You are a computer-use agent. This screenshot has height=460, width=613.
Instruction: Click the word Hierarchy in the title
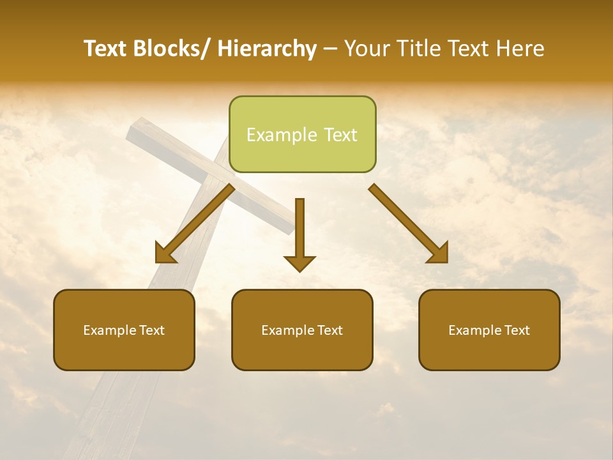click(x=267, y=49)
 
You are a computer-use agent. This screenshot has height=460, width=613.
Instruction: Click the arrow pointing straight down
click(x=299, y=230)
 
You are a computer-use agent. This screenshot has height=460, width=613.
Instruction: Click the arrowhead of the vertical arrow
click(x=299, y=263)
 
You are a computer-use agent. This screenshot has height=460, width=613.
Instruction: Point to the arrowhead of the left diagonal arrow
click(x=165, y=254)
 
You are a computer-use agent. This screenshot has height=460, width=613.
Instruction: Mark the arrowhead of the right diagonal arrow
click(x=439, y=254)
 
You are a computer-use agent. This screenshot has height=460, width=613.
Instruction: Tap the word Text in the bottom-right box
click(x=517, y=330)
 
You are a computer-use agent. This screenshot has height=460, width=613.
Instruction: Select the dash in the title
click(x=330, y=49)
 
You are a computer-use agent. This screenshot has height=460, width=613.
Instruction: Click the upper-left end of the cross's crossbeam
click(x=132, y=132)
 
